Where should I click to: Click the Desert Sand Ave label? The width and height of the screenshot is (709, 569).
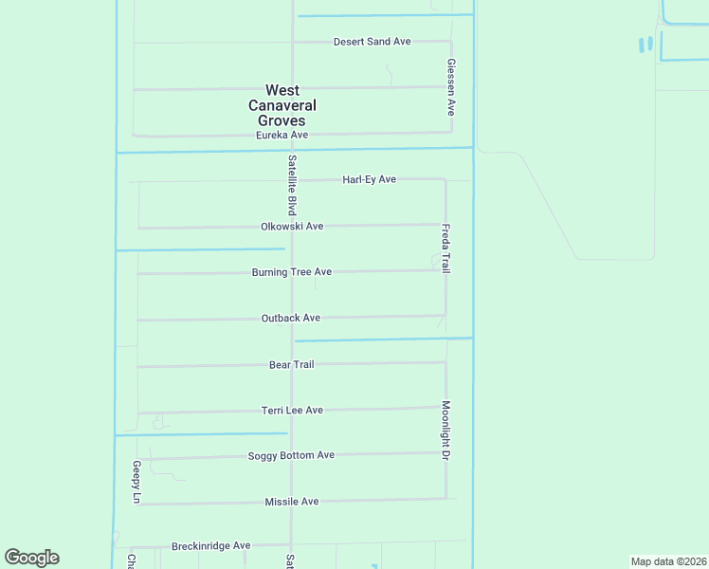click(372, 42)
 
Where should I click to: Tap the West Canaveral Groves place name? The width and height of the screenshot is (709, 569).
click(282, 105)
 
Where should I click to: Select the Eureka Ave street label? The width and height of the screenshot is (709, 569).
click(282, 136)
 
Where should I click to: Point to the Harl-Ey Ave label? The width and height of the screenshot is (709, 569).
click(369, 179)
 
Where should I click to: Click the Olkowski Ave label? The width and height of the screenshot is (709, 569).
click(292, 227)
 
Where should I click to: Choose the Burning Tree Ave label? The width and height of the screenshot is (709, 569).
click(291, 272)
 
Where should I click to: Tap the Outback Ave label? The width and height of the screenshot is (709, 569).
click(291, 319)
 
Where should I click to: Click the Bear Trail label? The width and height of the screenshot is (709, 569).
click(291, 364)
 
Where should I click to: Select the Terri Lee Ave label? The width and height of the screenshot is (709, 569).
click(292, 410)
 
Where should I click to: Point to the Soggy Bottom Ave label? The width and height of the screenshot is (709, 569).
click(291, 455)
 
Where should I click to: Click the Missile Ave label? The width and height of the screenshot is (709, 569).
click(291, 502)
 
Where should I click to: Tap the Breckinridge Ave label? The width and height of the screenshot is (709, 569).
click(210, 546)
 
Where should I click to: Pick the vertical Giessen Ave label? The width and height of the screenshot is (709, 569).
click(452, 86)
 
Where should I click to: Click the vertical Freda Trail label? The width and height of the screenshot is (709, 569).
click(445, 248)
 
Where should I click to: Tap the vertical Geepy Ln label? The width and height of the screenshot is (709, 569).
click(136, 483)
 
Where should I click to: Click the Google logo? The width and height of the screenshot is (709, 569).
click(31, 558)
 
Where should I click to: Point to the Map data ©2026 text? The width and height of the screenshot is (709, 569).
click(668, 561)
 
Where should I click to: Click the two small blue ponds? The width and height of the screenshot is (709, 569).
click(645, 45)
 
